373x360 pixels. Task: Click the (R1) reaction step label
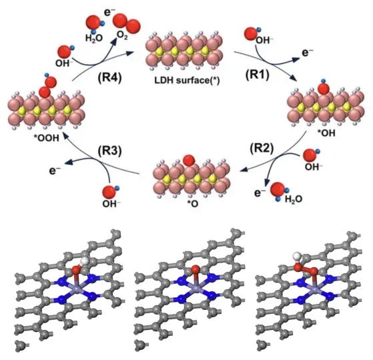(257, 75)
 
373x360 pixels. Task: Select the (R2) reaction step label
(262, 148)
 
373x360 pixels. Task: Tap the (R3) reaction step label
(109, 151)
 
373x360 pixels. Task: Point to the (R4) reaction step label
(109, 77)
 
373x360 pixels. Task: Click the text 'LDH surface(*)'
(187, 80)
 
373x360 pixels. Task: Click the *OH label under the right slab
(326, 133)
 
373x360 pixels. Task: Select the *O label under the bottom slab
(192, 204)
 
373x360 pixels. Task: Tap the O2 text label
(122, 35)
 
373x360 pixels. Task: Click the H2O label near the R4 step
(93, 37)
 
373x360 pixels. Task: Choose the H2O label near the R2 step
(294, 199)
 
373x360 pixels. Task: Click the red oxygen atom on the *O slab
(189, 160)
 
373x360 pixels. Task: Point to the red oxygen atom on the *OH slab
(324, 89)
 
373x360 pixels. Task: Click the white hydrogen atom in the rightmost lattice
(297, 256)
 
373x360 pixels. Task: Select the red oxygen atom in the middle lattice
(196, 268)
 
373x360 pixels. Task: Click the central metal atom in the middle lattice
(196, 289)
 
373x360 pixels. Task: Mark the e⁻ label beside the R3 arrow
(55, 170)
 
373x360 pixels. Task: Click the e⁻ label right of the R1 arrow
(308, 52)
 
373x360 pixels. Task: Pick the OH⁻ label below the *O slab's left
(111, 204)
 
